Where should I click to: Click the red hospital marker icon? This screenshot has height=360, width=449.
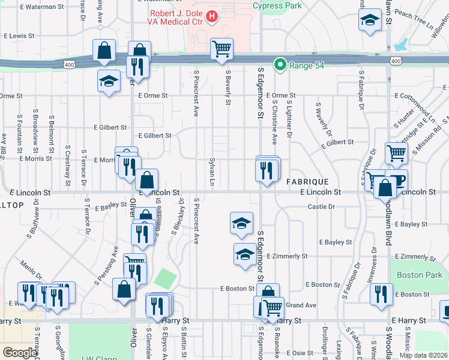[211, 17]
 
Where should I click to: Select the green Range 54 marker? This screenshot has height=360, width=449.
[279, 65]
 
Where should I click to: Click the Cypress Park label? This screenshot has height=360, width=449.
[277, 5]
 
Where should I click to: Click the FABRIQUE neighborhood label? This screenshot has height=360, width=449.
[307, 181]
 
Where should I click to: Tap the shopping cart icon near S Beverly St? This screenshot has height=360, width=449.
[221, 50]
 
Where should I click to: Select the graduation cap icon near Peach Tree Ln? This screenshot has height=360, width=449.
[370, 20]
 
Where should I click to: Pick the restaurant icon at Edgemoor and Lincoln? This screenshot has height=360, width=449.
[266, 171]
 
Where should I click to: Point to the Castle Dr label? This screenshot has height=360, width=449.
[321, 206]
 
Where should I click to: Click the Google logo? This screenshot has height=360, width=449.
[20, 353]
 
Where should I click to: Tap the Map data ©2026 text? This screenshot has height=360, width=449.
[423, 355]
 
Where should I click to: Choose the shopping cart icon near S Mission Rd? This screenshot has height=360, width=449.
[397, 154]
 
